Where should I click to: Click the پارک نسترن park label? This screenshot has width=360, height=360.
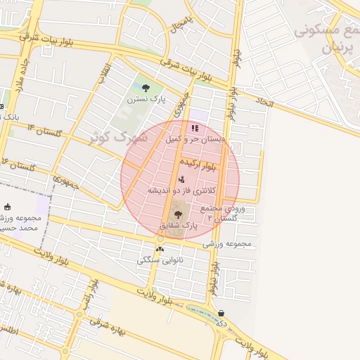point(146,100)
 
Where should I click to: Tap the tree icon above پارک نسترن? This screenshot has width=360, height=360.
point(146,88)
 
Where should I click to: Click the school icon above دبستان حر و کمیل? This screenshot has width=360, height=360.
point(195,129)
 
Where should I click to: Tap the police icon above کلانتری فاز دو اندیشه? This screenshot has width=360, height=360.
point(181,179)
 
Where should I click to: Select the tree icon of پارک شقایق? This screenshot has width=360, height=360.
point(176,214)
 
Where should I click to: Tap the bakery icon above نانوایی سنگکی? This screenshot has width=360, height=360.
point(160,248)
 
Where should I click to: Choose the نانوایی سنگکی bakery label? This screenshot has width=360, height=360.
point(159,260)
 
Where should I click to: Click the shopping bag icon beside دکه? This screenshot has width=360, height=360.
point(221,314)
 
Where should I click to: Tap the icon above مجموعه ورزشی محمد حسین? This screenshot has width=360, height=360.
point(8,207)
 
